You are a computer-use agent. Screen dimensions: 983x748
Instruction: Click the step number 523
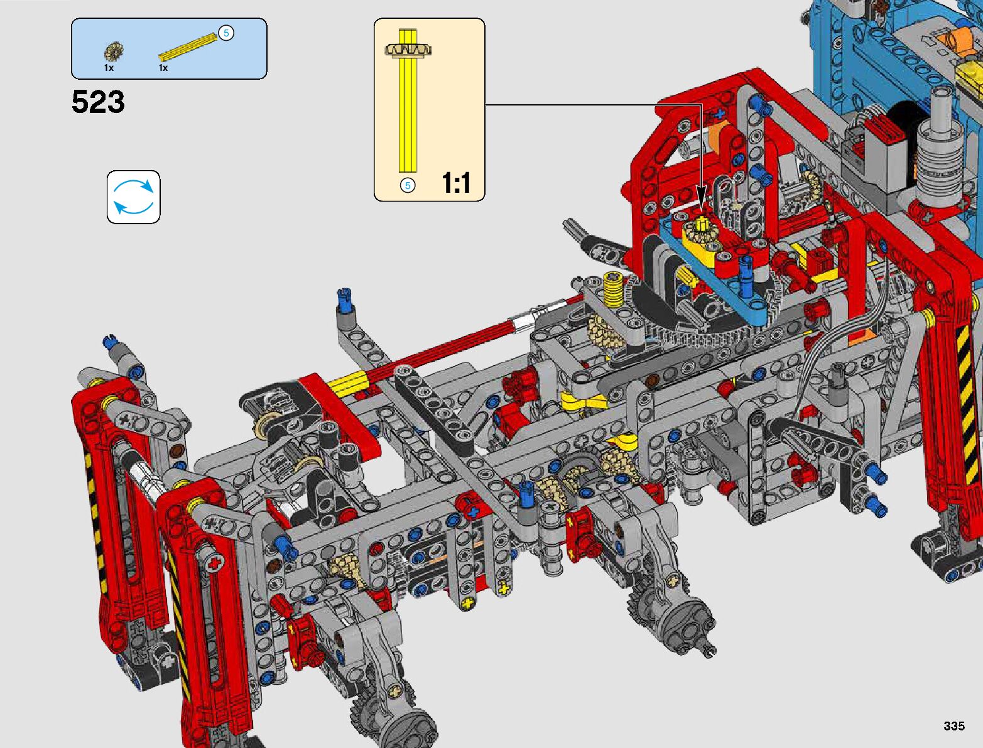(x=98, y=102)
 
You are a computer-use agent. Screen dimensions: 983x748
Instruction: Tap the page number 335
(x=954, y=725)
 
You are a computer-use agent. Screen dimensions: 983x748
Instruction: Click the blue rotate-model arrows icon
(x=133, y=197)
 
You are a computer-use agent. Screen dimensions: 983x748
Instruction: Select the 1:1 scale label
(x=456, y=183)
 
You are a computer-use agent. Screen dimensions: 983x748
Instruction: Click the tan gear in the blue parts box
(x=114, y=52)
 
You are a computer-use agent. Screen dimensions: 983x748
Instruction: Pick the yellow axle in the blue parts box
(x=188, y=47)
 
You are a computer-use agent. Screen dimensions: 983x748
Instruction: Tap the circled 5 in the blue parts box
(x=226, y=33)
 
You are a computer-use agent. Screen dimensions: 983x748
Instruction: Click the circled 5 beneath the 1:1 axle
(x=408, y=185)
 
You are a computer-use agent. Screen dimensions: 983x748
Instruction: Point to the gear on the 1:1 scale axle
(x=408, y=50)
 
